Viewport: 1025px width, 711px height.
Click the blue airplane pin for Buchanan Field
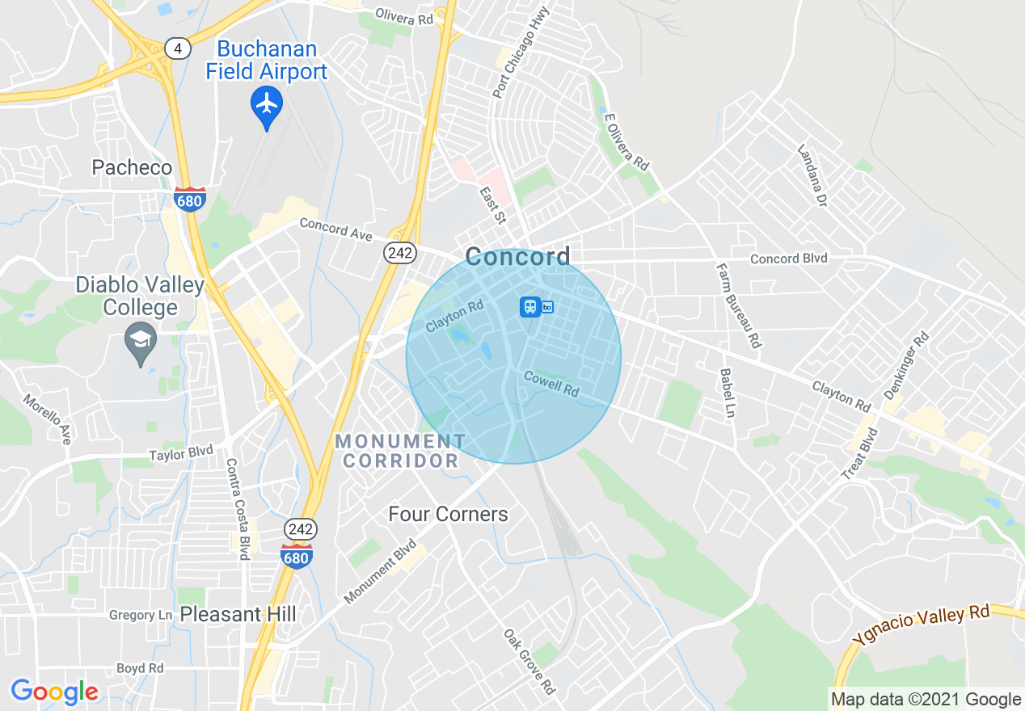(266, 105)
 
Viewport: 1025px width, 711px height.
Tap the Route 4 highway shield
(178, 48)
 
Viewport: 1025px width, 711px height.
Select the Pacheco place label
(132, 167)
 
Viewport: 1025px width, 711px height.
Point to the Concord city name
(517, 257)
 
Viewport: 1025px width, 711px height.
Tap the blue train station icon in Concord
(529, 307)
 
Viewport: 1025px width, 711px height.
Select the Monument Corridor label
(400, 451)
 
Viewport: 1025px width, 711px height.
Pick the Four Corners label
(448, 514)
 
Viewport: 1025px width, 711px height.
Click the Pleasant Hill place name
(238, 614)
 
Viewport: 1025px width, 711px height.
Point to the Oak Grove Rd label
(529, 662)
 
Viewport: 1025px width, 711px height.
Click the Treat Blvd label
(859, 454)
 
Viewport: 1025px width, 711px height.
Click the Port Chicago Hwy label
(521, 52)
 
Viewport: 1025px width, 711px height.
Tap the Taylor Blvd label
(181, 453)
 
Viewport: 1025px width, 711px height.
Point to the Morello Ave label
(47, 419)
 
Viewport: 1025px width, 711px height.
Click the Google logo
(54, 692)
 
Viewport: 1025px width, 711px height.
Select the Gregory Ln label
(141, 616)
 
